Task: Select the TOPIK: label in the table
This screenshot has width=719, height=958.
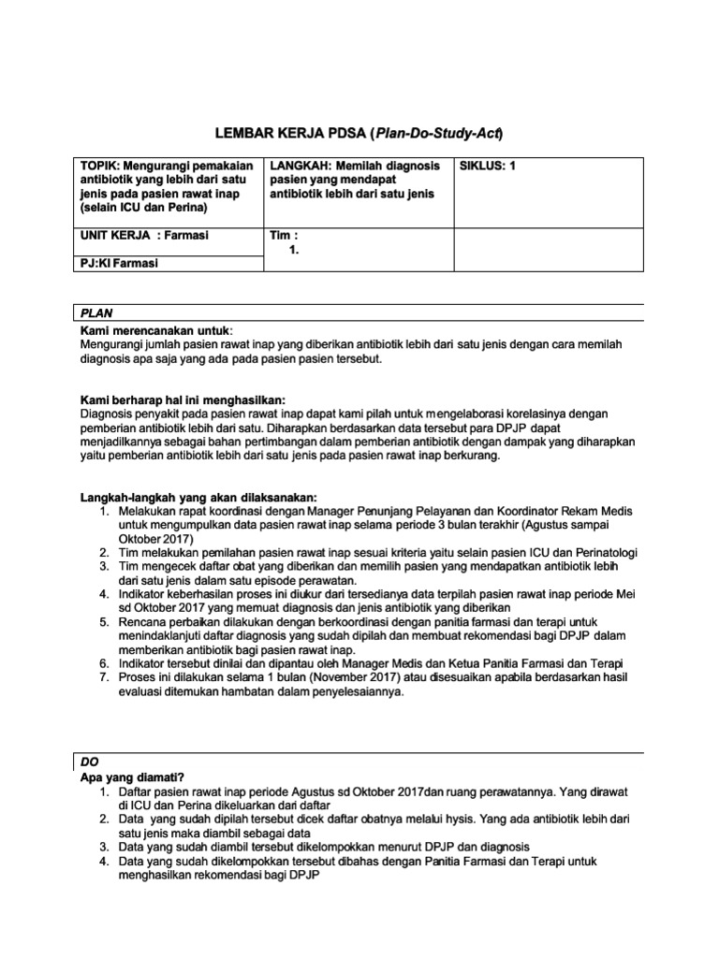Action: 102,166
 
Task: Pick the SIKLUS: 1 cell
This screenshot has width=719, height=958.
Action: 488,166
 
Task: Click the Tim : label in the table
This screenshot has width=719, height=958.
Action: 284,236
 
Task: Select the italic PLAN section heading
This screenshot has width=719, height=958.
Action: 97,314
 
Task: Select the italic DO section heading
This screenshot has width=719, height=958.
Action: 89,762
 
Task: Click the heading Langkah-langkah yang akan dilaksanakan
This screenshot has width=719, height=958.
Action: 198,496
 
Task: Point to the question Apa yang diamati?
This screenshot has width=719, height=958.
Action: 132,777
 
